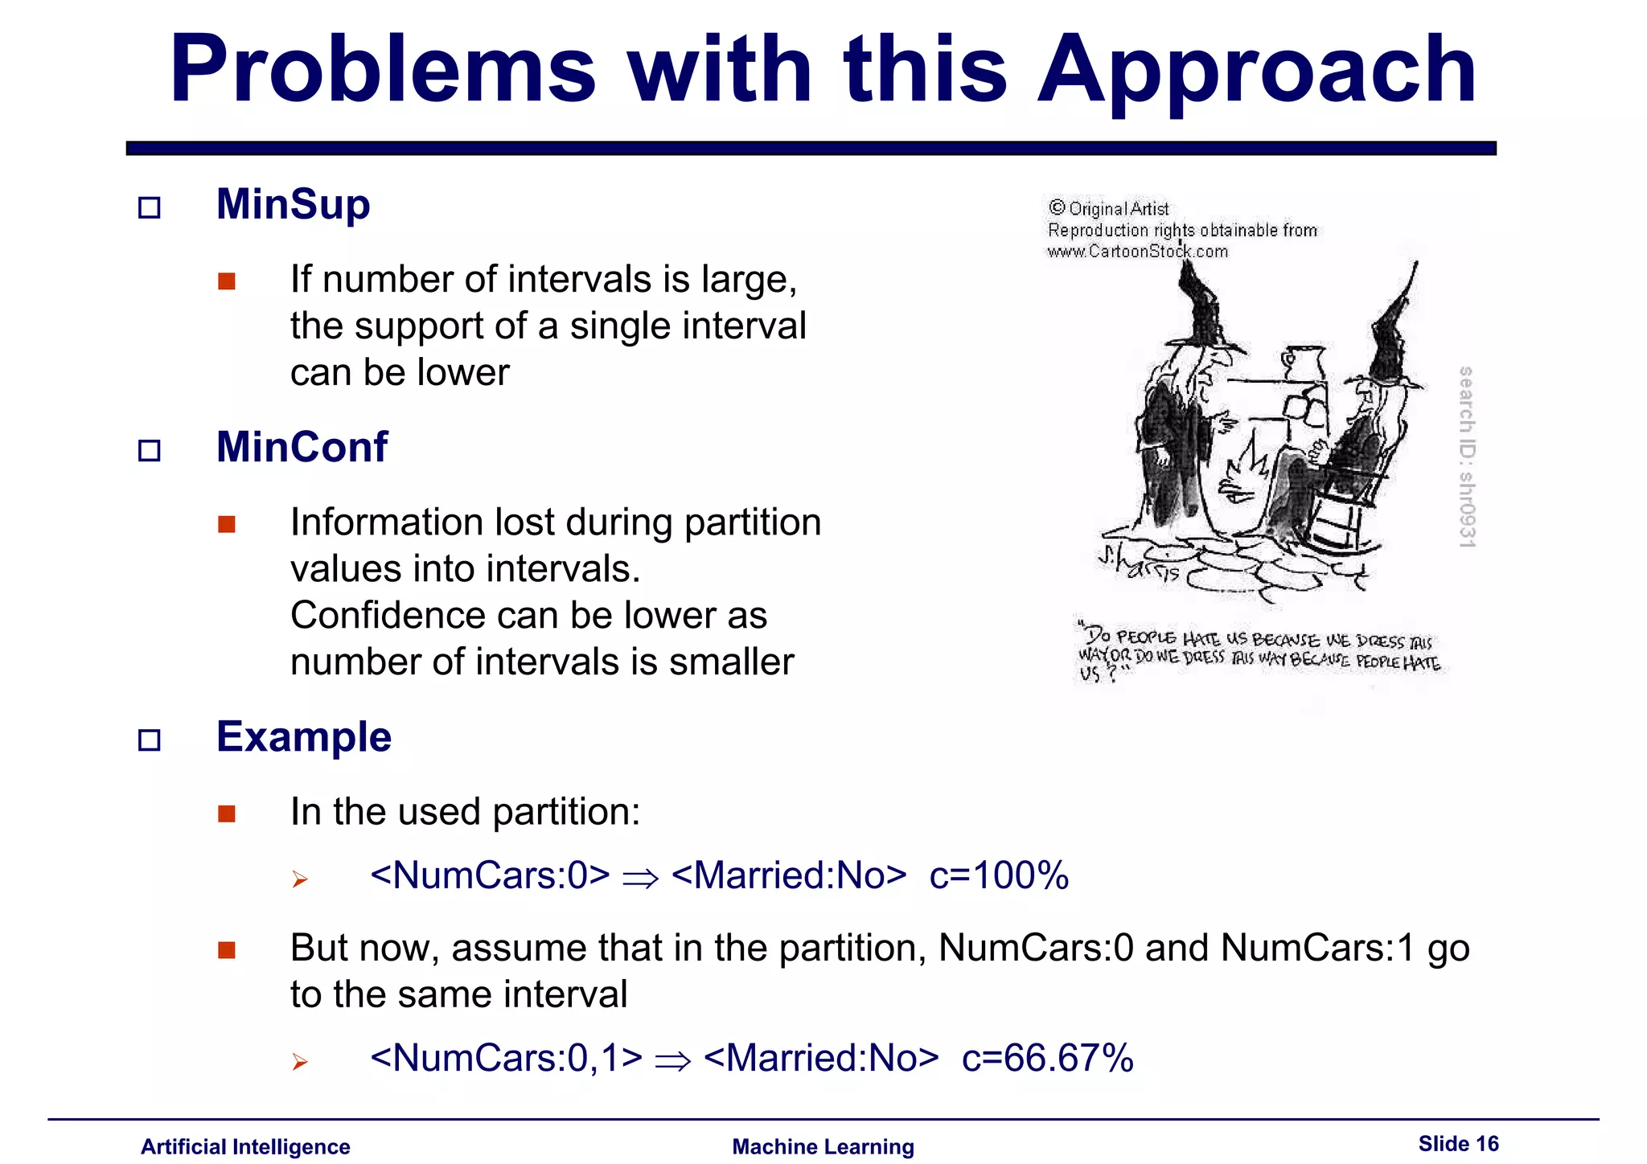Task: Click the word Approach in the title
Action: point(1256,72)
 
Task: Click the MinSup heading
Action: point(293,204)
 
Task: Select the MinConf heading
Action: point(302,447)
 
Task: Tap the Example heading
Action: point(303,736)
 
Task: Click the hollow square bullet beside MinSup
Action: point(150,207)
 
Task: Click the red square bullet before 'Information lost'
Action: point(227,524)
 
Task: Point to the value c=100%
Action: point(998,875)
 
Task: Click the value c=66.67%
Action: point(1047,1058)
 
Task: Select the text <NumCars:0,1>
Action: point(506,1058)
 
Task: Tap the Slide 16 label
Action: point(1458,1143)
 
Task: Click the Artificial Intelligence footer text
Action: point(245,1146)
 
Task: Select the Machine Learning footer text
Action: point(823,1146)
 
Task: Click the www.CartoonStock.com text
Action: point(1137,252)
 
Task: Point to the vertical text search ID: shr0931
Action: point(1466,457)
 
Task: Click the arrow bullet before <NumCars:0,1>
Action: point(300,1062)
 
